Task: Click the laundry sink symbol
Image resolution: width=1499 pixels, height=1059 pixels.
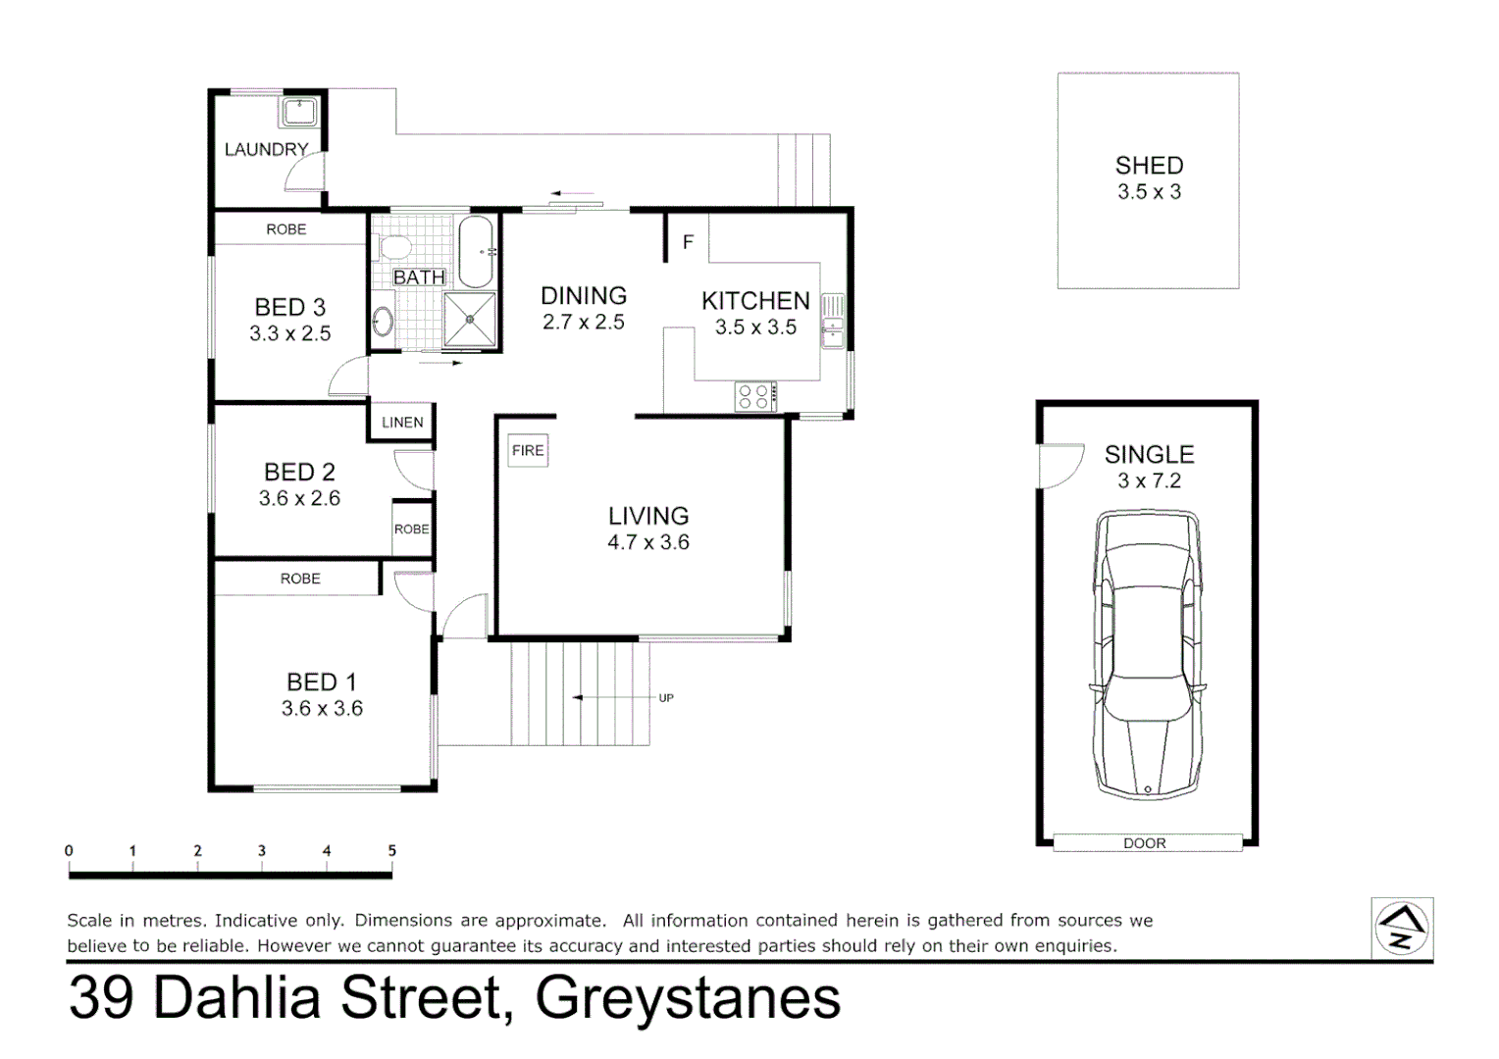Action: pyautogui.click(x=299, y=112)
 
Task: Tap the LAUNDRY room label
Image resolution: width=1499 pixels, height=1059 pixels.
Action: pyautogui.click(x=266, y=149)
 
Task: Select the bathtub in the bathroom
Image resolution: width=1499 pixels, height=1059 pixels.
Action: pyautogui.click(x=476, y=251)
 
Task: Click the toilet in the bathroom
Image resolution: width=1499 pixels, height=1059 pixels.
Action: pyautogui.click(x=393, y=247)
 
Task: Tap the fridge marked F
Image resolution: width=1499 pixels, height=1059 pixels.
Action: pyautogui.click(x=688, y=241)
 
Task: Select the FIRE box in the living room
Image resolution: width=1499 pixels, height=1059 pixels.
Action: pyautogui.click(x=527, y=450)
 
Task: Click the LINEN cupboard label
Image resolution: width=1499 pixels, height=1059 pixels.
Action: pyautogui.click(x=402, y=423)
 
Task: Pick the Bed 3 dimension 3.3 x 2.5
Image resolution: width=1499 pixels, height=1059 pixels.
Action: pyautogui.click(x=289, y=333)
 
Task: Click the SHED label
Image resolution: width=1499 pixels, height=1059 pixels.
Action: pyautogui.click(x=1149, y=166)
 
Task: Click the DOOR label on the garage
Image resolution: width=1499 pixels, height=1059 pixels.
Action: pyautogui.click(x=1145, y=843)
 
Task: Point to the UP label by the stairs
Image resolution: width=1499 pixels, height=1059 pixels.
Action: pyautogui.click(x=666, y=698)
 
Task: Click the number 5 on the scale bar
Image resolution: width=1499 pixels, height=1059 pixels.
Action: pyautogui.click(x=391, y=851)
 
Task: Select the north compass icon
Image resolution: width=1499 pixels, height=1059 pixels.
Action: pyautogui.click(x=1402, y=928)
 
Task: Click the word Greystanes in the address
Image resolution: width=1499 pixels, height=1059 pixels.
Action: pyautogui.click(x=688, y=998)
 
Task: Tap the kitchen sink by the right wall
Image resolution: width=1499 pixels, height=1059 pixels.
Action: pyautogui.click(x=833, y=321)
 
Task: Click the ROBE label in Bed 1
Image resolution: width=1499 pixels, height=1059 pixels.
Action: pyautogui.click(x=300, y=579)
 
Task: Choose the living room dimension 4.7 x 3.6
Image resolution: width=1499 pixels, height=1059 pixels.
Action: pyautogui.click(x=647, y=542)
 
